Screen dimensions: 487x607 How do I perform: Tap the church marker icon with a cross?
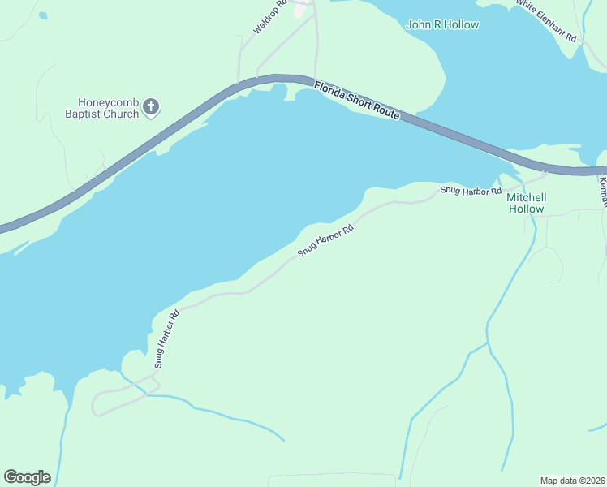click(x=152, y=106)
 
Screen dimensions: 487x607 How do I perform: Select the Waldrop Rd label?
click(x=270, y=16)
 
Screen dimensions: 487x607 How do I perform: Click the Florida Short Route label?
click(x=357, y=101)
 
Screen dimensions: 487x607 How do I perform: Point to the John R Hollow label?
click(x=442, y=24)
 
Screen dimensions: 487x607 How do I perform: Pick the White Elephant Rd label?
click(x=545, y=21)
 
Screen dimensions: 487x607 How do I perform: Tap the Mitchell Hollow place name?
click(x=527, y=203)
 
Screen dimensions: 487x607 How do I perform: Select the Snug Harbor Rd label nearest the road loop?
click(x=166, y=338)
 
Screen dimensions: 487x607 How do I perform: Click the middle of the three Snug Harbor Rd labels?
click(x=325, y=241)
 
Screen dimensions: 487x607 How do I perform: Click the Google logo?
click(x=27, y=477)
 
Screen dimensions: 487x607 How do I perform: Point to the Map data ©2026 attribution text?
click(x=573, y=481)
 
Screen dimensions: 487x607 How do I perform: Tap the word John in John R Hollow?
click(x=417, y=24)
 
